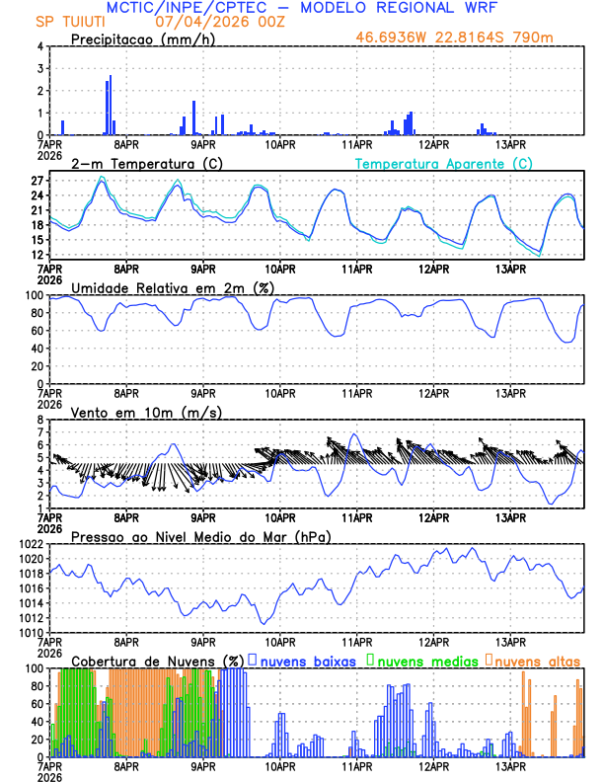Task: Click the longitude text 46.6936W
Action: coord(390,39)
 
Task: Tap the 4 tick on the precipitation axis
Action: coord(39,46)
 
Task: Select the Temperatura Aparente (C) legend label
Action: coord(443,163)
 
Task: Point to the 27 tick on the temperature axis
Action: coord(36,181)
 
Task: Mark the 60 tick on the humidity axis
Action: coord(36,331)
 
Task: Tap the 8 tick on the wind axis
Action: coord(39,420)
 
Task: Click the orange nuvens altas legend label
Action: coord(537,661)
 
